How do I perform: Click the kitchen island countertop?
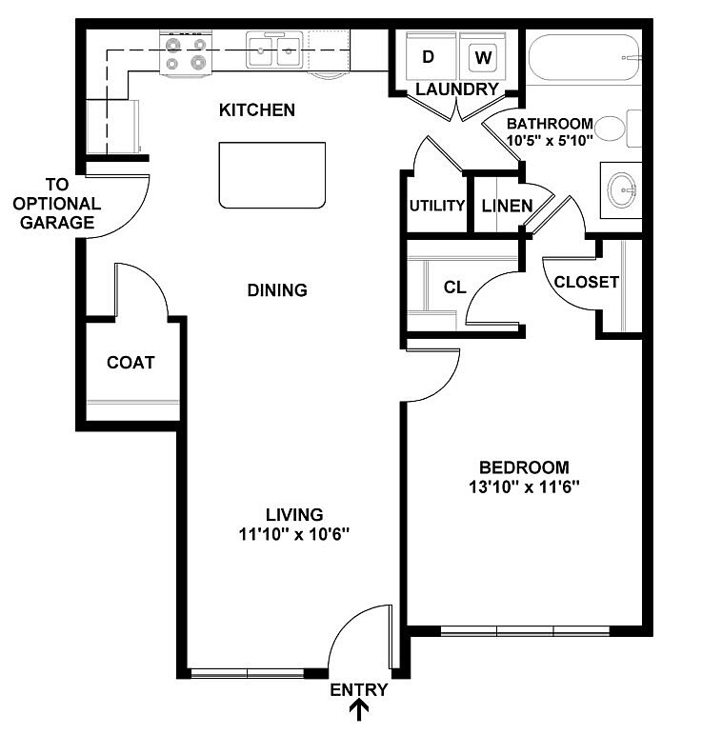click(x=271, y=174)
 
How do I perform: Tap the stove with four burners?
click(x=186, y=53)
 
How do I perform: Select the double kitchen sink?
click(x=275, y=50)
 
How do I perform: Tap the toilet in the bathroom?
click(x=624, y=129)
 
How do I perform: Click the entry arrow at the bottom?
click(x=360, y=710)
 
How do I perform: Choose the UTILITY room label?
click(x=436, y=206)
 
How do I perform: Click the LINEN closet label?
click(x=507, y=206)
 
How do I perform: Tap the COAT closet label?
click(x=130, y=363)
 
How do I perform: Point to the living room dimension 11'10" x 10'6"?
click(x=294, y=534)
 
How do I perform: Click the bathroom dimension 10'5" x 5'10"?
click(x=550, y=140)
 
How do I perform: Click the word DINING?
click(x=276, y=290)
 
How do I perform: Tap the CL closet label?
click(x=454, y=287)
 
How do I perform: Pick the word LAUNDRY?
click(x=456, y=89)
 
